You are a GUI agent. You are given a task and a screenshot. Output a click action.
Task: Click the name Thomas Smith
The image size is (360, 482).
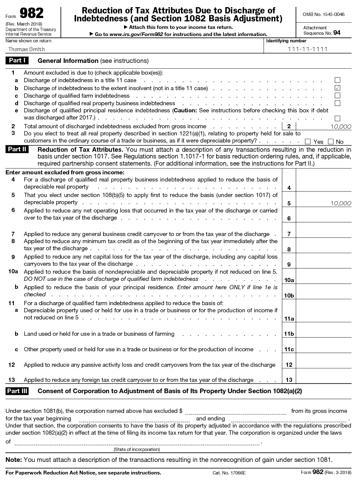point(27,49)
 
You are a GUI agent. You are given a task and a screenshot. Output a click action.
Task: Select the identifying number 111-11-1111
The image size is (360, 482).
point(307,49)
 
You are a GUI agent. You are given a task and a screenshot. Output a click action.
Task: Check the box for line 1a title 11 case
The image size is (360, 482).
point(337,80)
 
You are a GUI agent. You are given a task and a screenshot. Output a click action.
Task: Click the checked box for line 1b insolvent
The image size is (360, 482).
point(337,88)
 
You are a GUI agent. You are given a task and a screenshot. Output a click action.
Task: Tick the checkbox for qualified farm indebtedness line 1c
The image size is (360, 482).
point(337,96)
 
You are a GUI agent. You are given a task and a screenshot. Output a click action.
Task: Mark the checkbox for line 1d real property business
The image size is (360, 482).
point(337,103)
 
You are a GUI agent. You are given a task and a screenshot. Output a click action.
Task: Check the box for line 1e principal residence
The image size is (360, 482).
point(337,119)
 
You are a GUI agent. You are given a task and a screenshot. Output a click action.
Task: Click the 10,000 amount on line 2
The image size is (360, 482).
point(340,126)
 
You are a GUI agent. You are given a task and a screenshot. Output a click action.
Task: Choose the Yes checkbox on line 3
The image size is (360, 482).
point(308,142)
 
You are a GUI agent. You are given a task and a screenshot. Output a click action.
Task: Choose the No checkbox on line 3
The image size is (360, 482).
point(330,142)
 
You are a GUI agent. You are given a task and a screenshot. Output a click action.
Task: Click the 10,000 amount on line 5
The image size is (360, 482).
point(340,203)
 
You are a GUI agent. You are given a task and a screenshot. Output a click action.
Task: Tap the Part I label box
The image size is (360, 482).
point(17,61)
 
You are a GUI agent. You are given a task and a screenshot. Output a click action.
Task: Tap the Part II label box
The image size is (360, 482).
point(17,150)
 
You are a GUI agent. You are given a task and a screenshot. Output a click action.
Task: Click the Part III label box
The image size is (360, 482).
point(17,391)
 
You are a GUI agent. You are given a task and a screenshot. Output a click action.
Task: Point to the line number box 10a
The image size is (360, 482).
point(289,280)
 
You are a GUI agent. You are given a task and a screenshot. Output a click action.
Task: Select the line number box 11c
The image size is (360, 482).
point(289,349)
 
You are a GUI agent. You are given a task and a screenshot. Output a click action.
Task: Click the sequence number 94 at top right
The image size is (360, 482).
point(337,32)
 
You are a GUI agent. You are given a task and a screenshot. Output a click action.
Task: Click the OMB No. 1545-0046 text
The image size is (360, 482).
point(324,14)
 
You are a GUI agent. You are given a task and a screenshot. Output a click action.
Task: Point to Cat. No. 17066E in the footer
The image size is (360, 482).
point(229,473)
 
